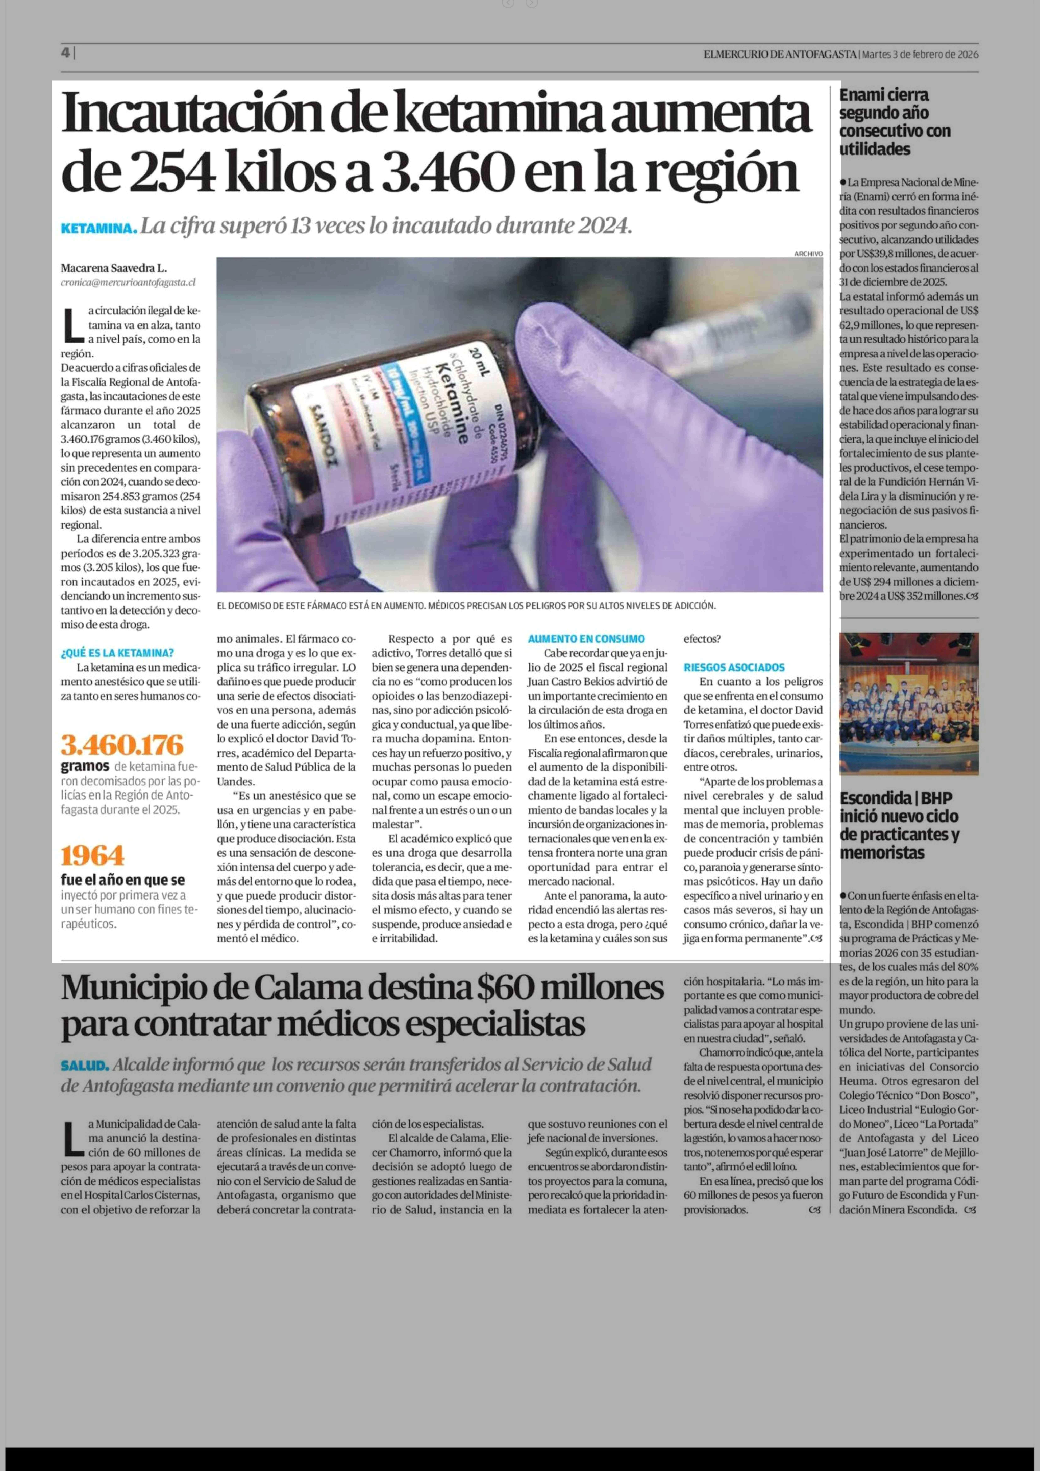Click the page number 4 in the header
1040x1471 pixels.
pyautogui.click(x=65, y=54)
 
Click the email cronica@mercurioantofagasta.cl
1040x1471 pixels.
pyautogui.click(x=128, y=282)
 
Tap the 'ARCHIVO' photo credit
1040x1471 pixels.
pyautogui.click(x=808, y=254)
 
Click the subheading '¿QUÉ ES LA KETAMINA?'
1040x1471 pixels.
pyautogui.click(x=117, y=654)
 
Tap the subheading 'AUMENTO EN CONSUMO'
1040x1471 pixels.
pyautogui.click(x=586, y=639)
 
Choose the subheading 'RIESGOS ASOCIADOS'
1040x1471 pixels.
pyautogui.click(x=734, y=667)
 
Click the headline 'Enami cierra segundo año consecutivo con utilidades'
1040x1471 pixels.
pyautogui.click(x=895, y=122)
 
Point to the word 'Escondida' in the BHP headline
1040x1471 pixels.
pyautogui.click(x=875, y=798)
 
